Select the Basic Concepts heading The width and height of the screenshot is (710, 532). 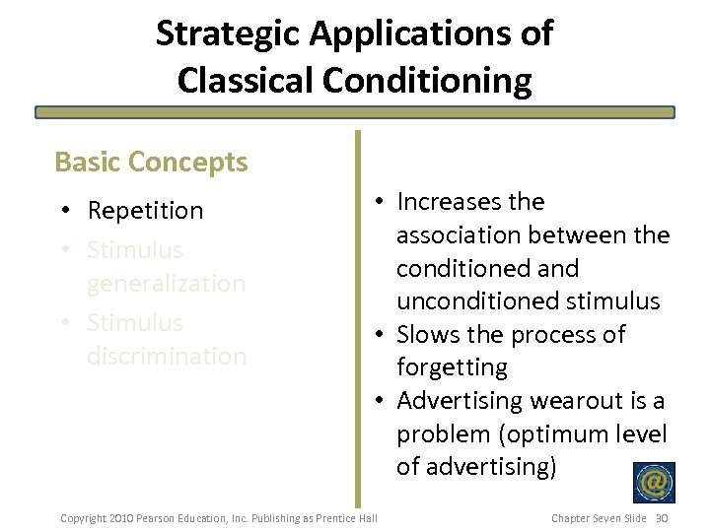click(x=151, y=162)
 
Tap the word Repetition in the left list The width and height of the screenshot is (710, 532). click(x=145, y=211)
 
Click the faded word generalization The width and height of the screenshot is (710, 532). click(x=166, y=284)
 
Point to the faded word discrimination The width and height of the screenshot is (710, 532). click(x=166, y=356)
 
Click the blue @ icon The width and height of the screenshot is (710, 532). click(x=654, y=483)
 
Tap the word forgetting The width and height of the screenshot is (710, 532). click(x=452, y=368)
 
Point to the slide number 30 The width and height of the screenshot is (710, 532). click(x=662, y=518)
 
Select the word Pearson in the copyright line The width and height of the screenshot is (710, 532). click(x=156, y=518)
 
